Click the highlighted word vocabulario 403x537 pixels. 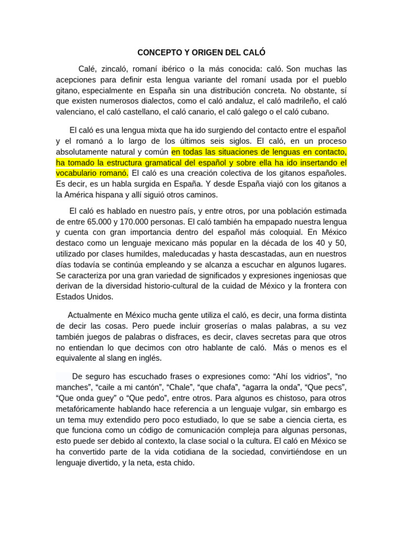click(75, 173)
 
